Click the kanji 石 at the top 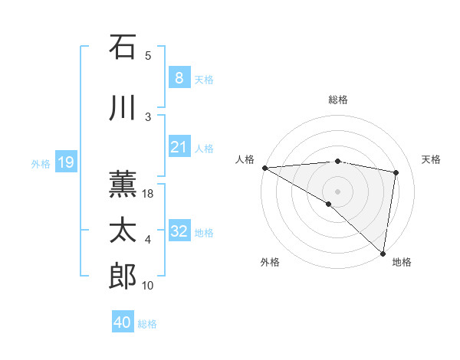[x=123, y=47]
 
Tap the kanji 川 [x=123, y=109]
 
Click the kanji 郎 [x=123, y=277]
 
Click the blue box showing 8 [x=179, y=78]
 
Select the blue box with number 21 [x=179, y=148]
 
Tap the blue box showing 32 [x=179, y=232]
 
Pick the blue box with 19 [x=65, y=162]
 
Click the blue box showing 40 [x=123, y=322]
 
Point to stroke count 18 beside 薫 [x=148, y=195]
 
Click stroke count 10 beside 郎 [x=148, y=286]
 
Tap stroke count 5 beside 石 [x=148, y=56]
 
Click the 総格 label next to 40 [x=147, y=324]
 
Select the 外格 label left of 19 [x=40, y=163]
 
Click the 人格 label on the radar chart [x=245, y=159]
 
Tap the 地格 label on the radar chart [x=402, y=262]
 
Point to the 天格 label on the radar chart [x=432, y=159]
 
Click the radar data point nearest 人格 [x=264, y=168]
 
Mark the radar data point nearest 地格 [x=382, y=253]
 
